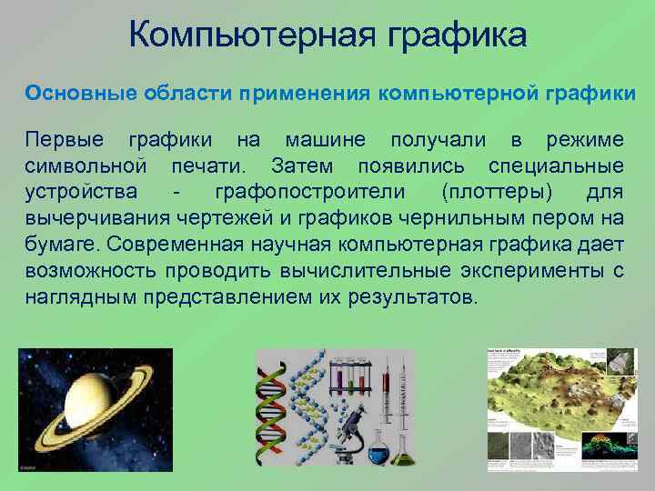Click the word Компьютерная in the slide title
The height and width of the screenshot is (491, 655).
pyautogui.click(x=242, y=37)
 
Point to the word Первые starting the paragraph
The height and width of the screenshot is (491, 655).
pyautogui.click(x=64, y=140)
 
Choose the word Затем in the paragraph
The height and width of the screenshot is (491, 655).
pyautogui.click(x=302, y=166)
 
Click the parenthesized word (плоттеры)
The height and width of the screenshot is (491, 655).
pyautogui.click(x=492, y=193)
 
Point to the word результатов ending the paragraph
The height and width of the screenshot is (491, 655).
pyautogui.click(x=419, y=297)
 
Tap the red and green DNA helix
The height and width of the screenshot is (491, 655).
pyautogui.click(x=273, y=409)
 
